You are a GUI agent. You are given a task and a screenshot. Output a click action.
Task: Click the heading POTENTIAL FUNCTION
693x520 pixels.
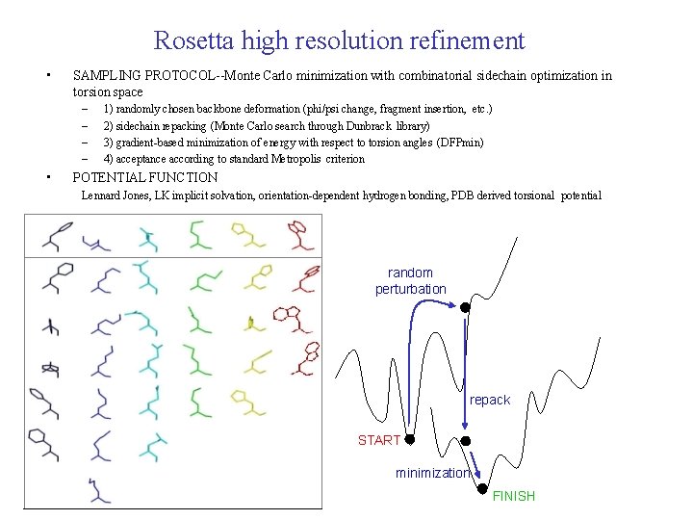(x=145, y=177)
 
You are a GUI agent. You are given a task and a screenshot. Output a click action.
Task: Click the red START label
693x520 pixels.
(x=379, y=440)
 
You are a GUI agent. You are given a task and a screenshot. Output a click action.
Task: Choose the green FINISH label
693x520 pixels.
(x=513, y=496)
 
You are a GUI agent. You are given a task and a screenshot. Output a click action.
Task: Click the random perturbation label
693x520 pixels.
(x=411, y=280)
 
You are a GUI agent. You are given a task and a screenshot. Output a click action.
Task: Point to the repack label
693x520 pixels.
(x=490, y=400)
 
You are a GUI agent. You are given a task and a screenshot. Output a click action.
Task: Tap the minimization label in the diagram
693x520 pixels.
(x=432, y=473)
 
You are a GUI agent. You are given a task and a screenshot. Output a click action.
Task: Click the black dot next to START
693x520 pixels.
(x=409, y=439)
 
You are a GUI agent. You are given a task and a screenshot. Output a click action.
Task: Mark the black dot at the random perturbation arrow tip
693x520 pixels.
(x=464, y=308)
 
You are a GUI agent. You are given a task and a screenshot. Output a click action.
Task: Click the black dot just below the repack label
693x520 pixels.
(x=466, y=440)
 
